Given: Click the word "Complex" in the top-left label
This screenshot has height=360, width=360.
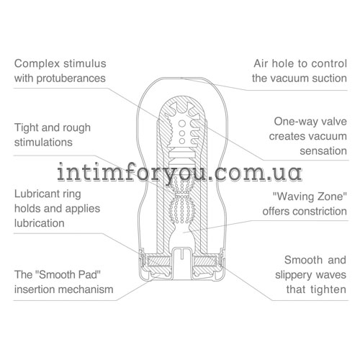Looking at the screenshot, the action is [x=37, y=64].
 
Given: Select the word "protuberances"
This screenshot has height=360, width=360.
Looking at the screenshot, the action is [x=71, y=78].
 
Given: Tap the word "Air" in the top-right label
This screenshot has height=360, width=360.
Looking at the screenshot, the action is [x=261, y=63].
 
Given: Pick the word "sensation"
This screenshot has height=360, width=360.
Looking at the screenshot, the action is [x=323, y=151].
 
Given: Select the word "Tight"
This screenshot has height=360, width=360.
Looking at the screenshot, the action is [x=27, y=128].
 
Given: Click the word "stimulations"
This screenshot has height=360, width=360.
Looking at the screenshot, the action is [x=43, y=142].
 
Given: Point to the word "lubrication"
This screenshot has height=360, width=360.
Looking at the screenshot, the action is [x=40, y=223].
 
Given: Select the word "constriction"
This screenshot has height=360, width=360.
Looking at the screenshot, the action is [x=320, y=212].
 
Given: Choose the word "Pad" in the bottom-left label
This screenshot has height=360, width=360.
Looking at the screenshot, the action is [x=90, y=274].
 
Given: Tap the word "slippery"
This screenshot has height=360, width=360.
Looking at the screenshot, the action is [x=294, y=275].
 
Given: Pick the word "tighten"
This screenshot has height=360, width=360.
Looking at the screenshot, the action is [x=328, y=290].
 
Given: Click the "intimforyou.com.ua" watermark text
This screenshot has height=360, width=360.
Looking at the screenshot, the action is [x=179, y=172].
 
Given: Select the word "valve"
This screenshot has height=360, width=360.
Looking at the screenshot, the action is [x=334, y=122].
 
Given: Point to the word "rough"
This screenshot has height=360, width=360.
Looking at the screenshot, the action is [x=78, y=128].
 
